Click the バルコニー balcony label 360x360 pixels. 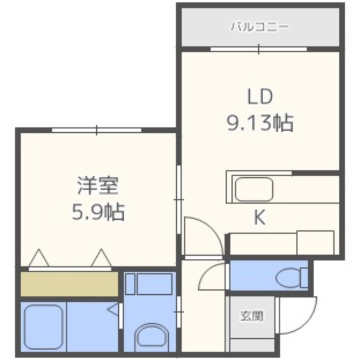click(x=260, y=27)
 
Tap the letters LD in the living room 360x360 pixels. click(x=260, y=97)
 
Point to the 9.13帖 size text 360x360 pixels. click(x=260, y=122)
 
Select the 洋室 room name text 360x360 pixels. click(x=97, y=186)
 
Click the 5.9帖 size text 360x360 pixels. click(x=98, y=211)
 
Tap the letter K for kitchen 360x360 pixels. click(x=259, y=218)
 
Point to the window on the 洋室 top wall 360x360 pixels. click(x=97, y=130)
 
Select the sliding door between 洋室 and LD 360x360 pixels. click(x=179, y=198)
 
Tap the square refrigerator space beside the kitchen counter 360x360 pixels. click(x=315, y=243)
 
